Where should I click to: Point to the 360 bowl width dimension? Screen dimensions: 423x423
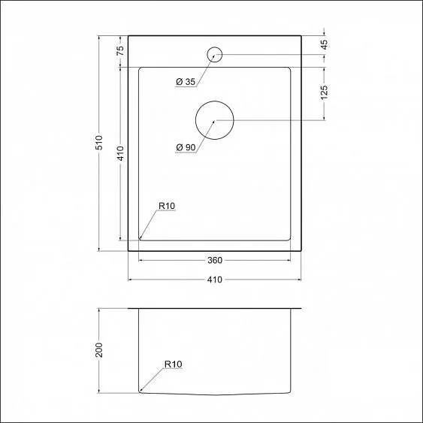(x=214, y=261)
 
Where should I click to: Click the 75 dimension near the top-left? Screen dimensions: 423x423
(x=119, y=51)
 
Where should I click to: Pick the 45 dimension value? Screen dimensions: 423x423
(x=324, y=44)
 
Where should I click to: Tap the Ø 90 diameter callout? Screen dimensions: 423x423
(x=185, y=147)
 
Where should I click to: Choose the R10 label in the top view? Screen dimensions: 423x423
(x=166, y=206)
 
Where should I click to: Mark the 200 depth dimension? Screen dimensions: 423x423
(x=98, y=349)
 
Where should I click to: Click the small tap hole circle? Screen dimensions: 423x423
(x=214, y=54)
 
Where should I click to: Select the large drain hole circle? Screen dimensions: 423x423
(x=214, y=120)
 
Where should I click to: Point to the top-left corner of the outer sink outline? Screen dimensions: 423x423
(x=128, y=35)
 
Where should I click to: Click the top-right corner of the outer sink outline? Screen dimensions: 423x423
(x=301, y=35)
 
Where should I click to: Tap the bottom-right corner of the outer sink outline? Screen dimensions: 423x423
(x=301, y=250)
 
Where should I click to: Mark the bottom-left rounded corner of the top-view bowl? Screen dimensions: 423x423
(x=140, y=239)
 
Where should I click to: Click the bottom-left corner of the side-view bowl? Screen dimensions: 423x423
(x=140, y=391)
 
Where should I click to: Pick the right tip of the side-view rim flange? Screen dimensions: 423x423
(x=301, y=310)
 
